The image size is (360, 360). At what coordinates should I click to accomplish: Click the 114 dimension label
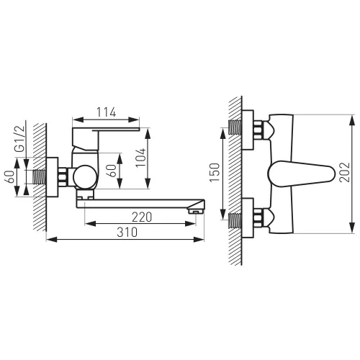tap(106, 112)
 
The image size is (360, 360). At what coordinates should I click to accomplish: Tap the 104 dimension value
tap(140, 158)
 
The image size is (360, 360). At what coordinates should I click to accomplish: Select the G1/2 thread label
tap(19, 139)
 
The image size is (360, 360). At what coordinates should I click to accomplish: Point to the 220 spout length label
tap(142, 217)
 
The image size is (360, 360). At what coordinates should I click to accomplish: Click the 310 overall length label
tap(127, 232)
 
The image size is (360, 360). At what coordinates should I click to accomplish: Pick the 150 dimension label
tap(215, 173)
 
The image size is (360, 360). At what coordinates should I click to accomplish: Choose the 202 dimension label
tap(345, 172)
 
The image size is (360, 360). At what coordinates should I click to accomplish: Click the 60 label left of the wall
tap(9, 177)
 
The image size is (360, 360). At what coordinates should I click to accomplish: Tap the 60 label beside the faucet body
tap(112, 171)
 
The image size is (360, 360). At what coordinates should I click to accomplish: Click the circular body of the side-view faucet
tap(85, 177)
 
